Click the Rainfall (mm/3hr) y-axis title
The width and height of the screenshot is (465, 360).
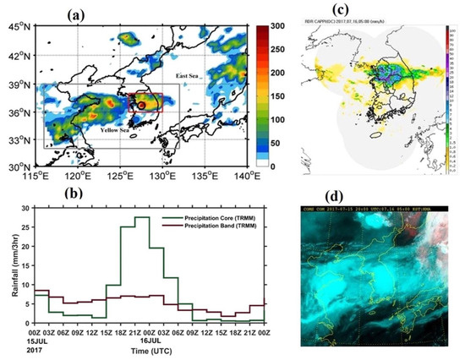tap(12, 270)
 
